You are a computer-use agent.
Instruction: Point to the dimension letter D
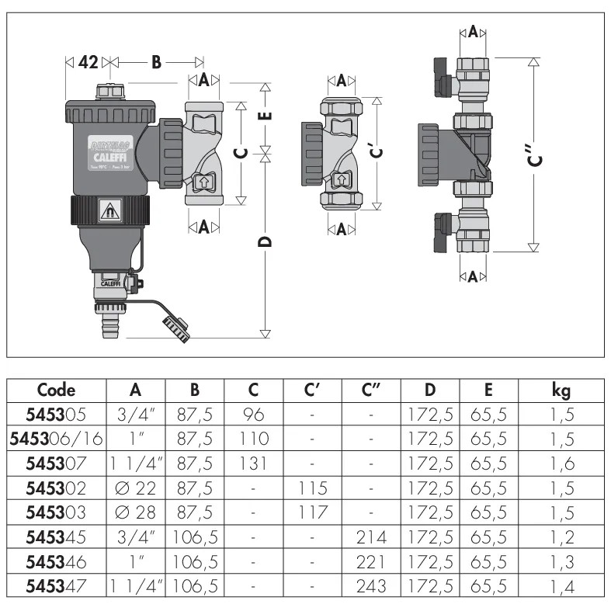266,243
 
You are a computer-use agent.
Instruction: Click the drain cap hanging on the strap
174,327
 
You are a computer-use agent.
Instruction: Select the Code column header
56,390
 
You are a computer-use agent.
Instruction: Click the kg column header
561,390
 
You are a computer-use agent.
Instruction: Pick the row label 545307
56,463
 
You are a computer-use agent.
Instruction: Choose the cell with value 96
253,415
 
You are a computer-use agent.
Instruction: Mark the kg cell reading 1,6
561,463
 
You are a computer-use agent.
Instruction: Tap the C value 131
253,463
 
